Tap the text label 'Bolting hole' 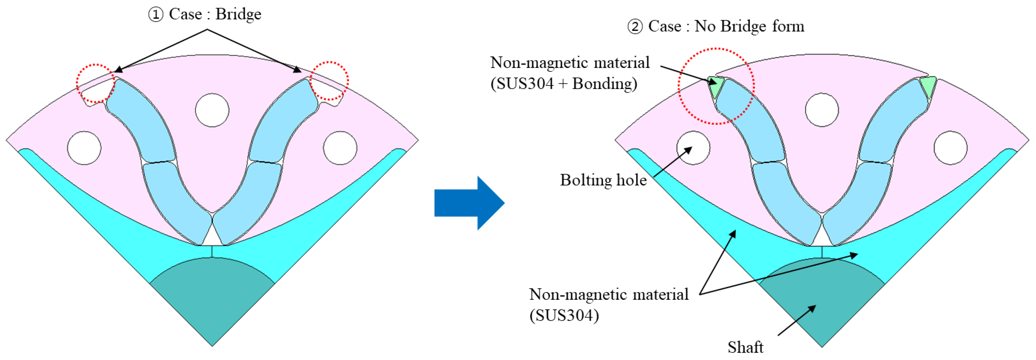(x=603, y=180)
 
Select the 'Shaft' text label (x=745, y=347)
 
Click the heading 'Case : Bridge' (x=215, y=15)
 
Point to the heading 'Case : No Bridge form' (x=726, y=27)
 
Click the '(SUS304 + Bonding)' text (x=564, y=84)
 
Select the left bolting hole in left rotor (x=84, y=148)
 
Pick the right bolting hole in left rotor (x=340, y=148)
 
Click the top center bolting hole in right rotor (x=822, y=110)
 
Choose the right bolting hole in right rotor (x=950, y=148)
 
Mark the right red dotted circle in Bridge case (x=330, y=81)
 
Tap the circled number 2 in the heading (x=635, y=27)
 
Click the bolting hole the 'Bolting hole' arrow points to (x=693, y=148)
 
